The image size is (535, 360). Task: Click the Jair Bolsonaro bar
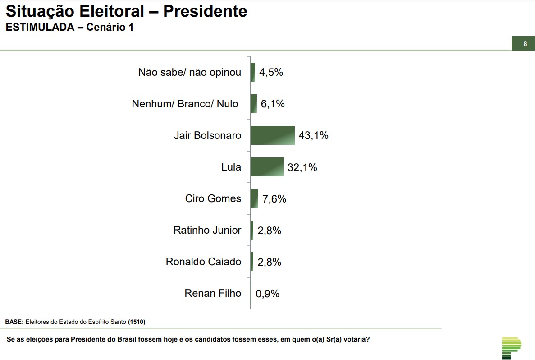272,135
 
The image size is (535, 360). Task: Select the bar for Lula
267,167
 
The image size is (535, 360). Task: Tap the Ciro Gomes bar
254,198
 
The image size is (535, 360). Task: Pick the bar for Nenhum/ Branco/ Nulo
254,104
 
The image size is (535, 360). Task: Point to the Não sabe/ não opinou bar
253,72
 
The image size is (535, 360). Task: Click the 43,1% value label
313,135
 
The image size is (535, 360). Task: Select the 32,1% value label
302,167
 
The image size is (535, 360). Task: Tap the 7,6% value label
274,199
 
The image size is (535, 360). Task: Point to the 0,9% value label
268,294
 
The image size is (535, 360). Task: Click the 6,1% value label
273,104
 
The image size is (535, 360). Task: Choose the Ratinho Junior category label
207,230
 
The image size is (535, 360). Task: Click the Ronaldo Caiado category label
203,262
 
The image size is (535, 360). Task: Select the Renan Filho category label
213,293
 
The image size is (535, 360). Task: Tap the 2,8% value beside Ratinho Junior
269,231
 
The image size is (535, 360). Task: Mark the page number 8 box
525,44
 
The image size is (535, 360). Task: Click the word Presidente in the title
205,11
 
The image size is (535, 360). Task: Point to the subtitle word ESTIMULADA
39,27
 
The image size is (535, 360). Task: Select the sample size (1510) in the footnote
137,322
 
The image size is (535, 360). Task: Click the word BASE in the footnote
14,322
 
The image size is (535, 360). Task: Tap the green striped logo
511,348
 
